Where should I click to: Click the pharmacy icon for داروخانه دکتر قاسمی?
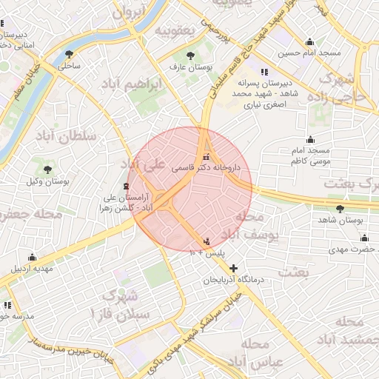click(206, 157)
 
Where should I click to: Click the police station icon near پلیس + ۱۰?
click(206, 241)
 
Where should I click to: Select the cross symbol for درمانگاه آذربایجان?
click(234, 268)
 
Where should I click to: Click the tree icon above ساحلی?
click(69, 53)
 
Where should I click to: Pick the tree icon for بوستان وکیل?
click(47, 170)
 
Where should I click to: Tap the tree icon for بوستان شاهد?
click(339, 209)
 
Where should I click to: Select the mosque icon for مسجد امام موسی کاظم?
click(310, 138)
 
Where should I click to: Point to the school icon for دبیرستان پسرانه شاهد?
click(264, 72)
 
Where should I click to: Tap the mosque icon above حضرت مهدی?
click(364, 238)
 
